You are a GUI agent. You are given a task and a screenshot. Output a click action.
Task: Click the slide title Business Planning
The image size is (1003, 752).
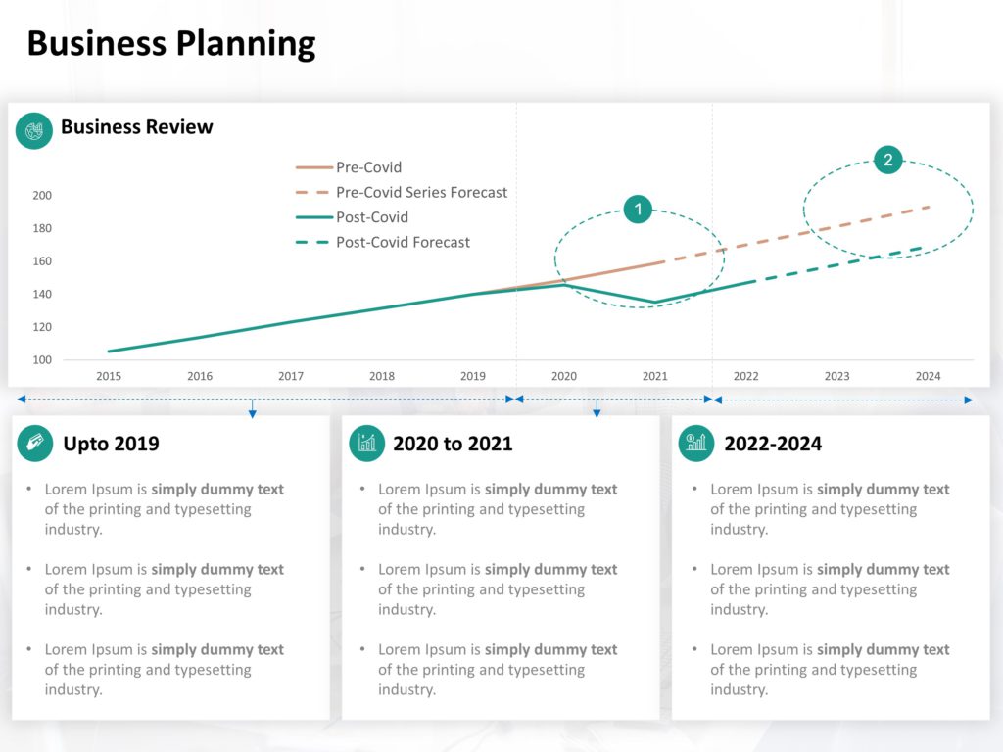pos(171,44)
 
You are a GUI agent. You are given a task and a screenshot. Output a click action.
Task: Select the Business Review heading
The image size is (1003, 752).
pos(136,126)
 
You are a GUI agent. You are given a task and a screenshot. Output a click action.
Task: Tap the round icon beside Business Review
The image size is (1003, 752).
pos(34,130)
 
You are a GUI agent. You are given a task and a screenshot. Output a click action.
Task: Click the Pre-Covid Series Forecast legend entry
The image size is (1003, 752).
pos(421,193)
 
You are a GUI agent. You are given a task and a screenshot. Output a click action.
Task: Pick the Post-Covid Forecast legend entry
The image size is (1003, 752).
pos(403,242)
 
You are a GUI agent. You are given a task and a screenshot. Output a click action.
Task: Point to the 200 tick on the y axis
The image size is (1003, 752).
pos(42,196)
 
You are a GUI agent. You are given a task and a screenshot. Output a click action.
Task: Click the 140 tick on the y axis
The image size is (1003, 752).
pos(42,295)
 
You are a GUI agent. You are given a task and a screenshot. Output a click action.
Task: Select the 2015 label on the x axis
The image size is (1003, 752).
pos(109,376)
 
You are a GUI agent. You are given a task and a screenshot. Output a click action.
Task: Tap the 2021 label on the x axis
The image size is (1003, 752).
pos(655,376)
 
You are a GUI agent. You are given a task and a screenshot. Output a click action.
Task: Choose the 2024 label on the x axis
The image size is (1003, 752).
pos(928,376)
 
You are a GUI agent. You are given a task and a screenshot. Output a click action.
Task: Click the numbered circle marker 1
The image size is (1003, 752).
pos(638,209)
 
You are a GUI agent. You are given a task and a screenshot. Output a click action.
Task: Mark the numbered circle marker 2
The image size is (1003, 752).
pos(888,161)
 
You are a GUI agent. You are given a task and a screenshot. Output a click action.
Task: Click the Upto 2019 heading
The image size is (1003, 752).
pos(111,444)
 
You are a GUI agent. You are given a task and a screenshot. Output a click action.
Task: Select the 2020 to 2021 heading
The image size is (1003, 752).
pos(453,444)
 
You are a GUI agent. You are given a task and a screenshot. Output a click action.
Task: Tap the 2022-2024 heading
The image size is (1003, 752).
pos(773,444)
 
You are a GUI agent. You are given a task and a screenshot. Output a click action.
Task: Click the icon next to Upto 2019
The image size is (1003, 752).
pos(35,444)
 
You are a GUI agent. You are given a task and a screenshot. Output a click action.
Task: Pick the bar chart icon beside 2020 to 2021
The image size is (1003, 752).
pos(367,444)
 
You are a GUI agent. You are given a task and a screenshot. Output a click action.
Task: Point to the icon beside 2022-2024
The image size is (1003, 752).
pos(696,444)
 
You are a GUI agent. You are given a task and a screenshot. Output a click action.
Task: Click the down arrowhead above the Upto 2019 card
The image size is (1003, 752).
pos(253,414)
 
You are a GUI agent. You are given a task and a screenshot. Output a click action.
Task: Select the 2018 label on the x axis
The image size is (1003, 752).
pos(382,376)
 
